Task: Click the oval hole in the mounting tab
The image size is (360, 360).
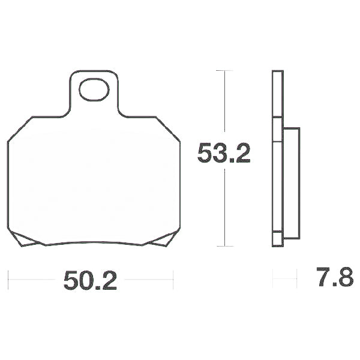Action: coord(93,91)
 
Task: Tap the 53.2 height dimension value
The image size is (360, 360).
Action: coord(224,155)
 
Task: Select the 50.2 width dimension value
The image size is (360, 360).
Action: coord(90,280)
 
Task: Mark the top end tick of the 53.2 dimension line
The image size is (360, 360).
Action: coord(224,71)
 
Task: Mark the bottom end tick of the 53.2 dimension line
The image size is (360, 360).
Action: coord(224,246)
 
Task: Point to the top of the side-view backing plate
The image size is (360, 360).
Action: coord(277,72)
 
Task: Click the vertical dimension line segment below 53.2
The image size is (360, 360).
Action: coord(224,207)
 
